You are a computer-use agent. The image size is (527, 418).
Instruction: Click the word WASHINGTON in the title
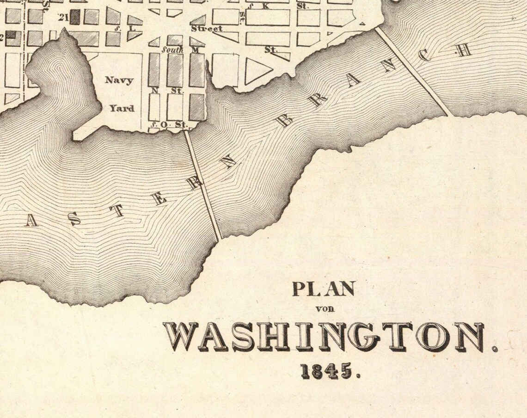click(x=324, y=337)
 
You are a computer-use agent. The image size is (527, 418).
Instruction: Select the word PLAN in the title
click(x=323, y=289)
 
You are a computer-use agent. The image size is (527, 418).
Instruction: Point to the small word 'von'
click(x=325, y=309)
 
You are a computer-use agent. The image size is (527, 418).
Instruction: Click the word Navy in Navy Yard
click(x=119, y=80)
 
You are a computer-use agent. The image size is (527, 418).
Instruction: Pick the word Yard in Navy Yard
click(x=122, y=108)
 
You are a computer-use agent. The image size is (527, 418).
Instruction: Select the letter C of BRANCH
click(x=425, y=55)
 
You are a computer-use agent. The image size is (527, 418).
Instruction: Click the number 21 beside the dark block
click(x=63, y=18)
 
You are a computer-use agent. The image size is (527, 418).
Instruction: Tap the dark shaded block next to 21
click(x=75, y=17)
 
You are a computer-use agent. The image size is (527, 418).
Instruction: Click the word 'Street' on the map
click(x=207, y=29)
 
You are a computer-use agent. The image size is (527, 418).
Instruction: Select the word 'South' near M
click(x=172, y=49)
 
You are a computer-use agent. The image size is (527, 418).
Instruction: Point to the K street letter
click(x=265, y=6)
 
